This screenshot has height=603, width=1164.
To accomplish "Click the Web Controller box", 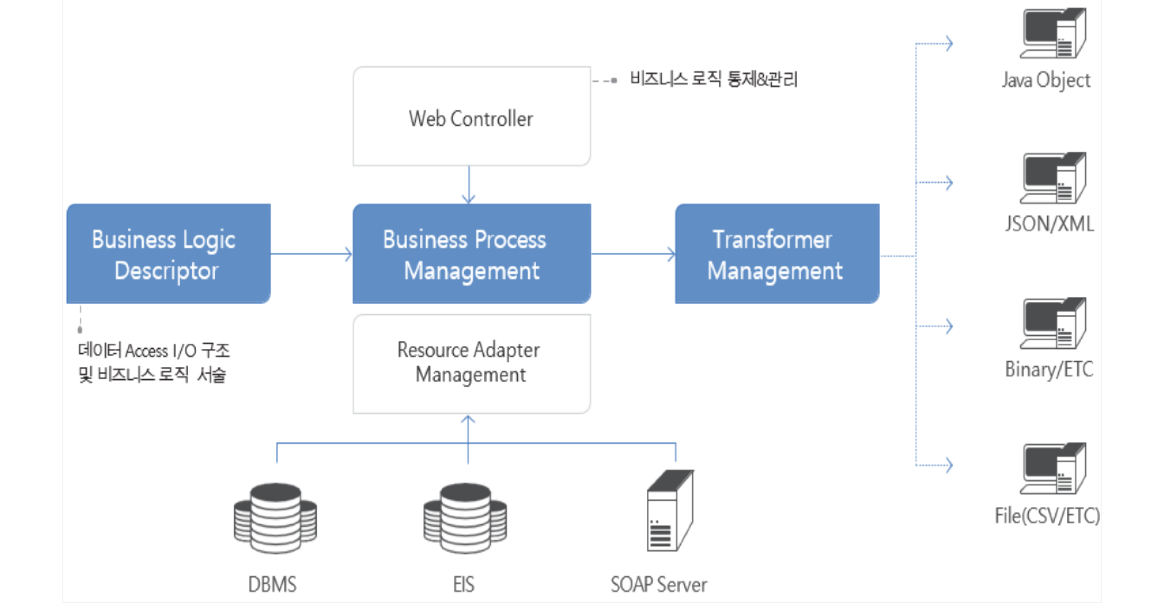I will (x=471, y=117).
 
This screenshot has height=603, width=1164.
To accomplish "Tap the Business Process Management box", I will (x=471, y=254).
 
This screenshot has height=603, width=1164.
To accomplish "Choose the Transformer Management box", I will (x=777, y=254).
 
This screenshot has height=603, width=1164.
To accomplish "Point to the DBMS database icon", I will (x=275, y=518).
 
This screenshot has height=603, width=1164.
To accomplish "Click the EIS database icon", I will (x=465, y=518).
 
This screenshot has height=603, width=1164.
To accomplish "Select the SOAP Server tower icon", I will (x=669, y=511).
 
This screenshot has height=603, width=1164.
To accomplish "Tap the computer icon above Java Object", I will (x=1053, y=34).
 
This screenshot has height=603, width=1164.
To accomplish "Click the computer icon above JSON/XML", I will (x=1053, y=178).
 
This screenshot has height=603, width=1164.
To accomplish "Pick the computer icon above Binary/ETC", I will (x=1053, y=323).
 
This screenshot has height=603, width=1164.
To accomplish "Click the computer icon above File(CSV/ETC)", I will (x=1053, y=469).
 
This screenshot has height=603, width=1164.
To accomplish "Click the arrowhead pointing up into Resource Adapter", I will (x=468, y=420).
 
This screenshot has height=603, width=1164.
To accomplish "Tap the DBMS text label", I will (x=273, y=584).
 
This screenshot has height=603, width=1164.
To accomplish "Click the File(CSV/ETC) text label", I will (x=1047, y=515).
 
